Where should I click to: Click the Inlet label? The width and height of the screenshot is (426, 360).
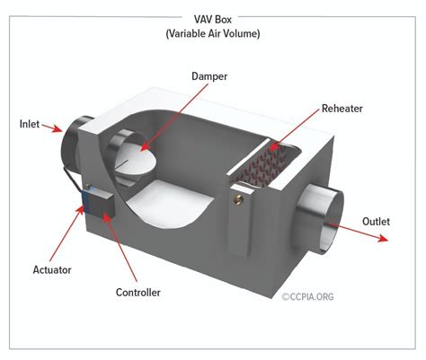[x=30, y=123]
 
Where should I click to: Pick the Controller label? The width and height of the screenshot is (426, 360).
[x=138, y=292]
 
